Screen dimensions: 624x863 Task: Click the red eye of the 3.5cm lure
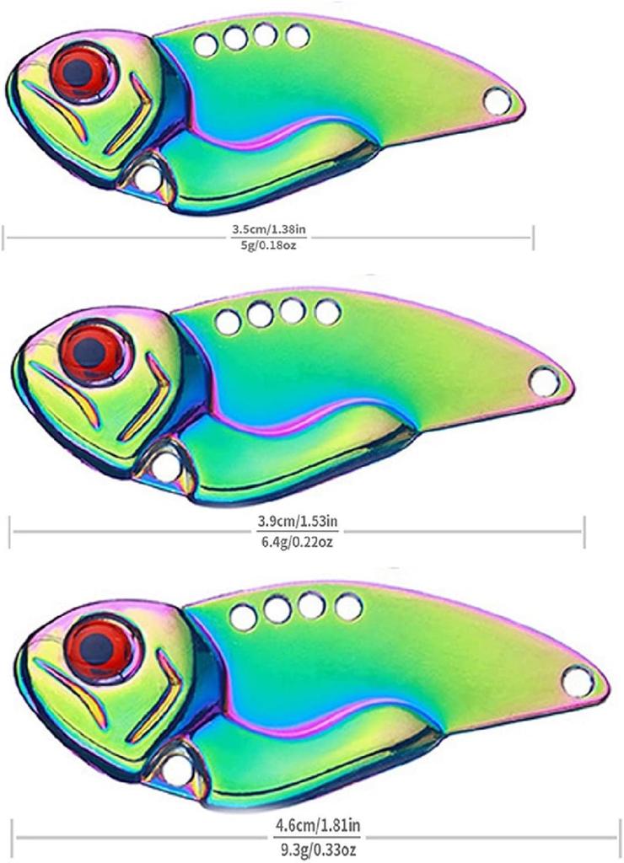(80, 71)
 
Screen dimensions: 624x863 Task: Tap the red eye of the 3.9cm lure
(91, 349)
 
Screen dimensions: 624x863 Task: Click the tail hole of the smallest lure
(498, 101)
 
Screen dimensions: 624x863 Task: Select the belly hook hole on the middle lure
(164, 467)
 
